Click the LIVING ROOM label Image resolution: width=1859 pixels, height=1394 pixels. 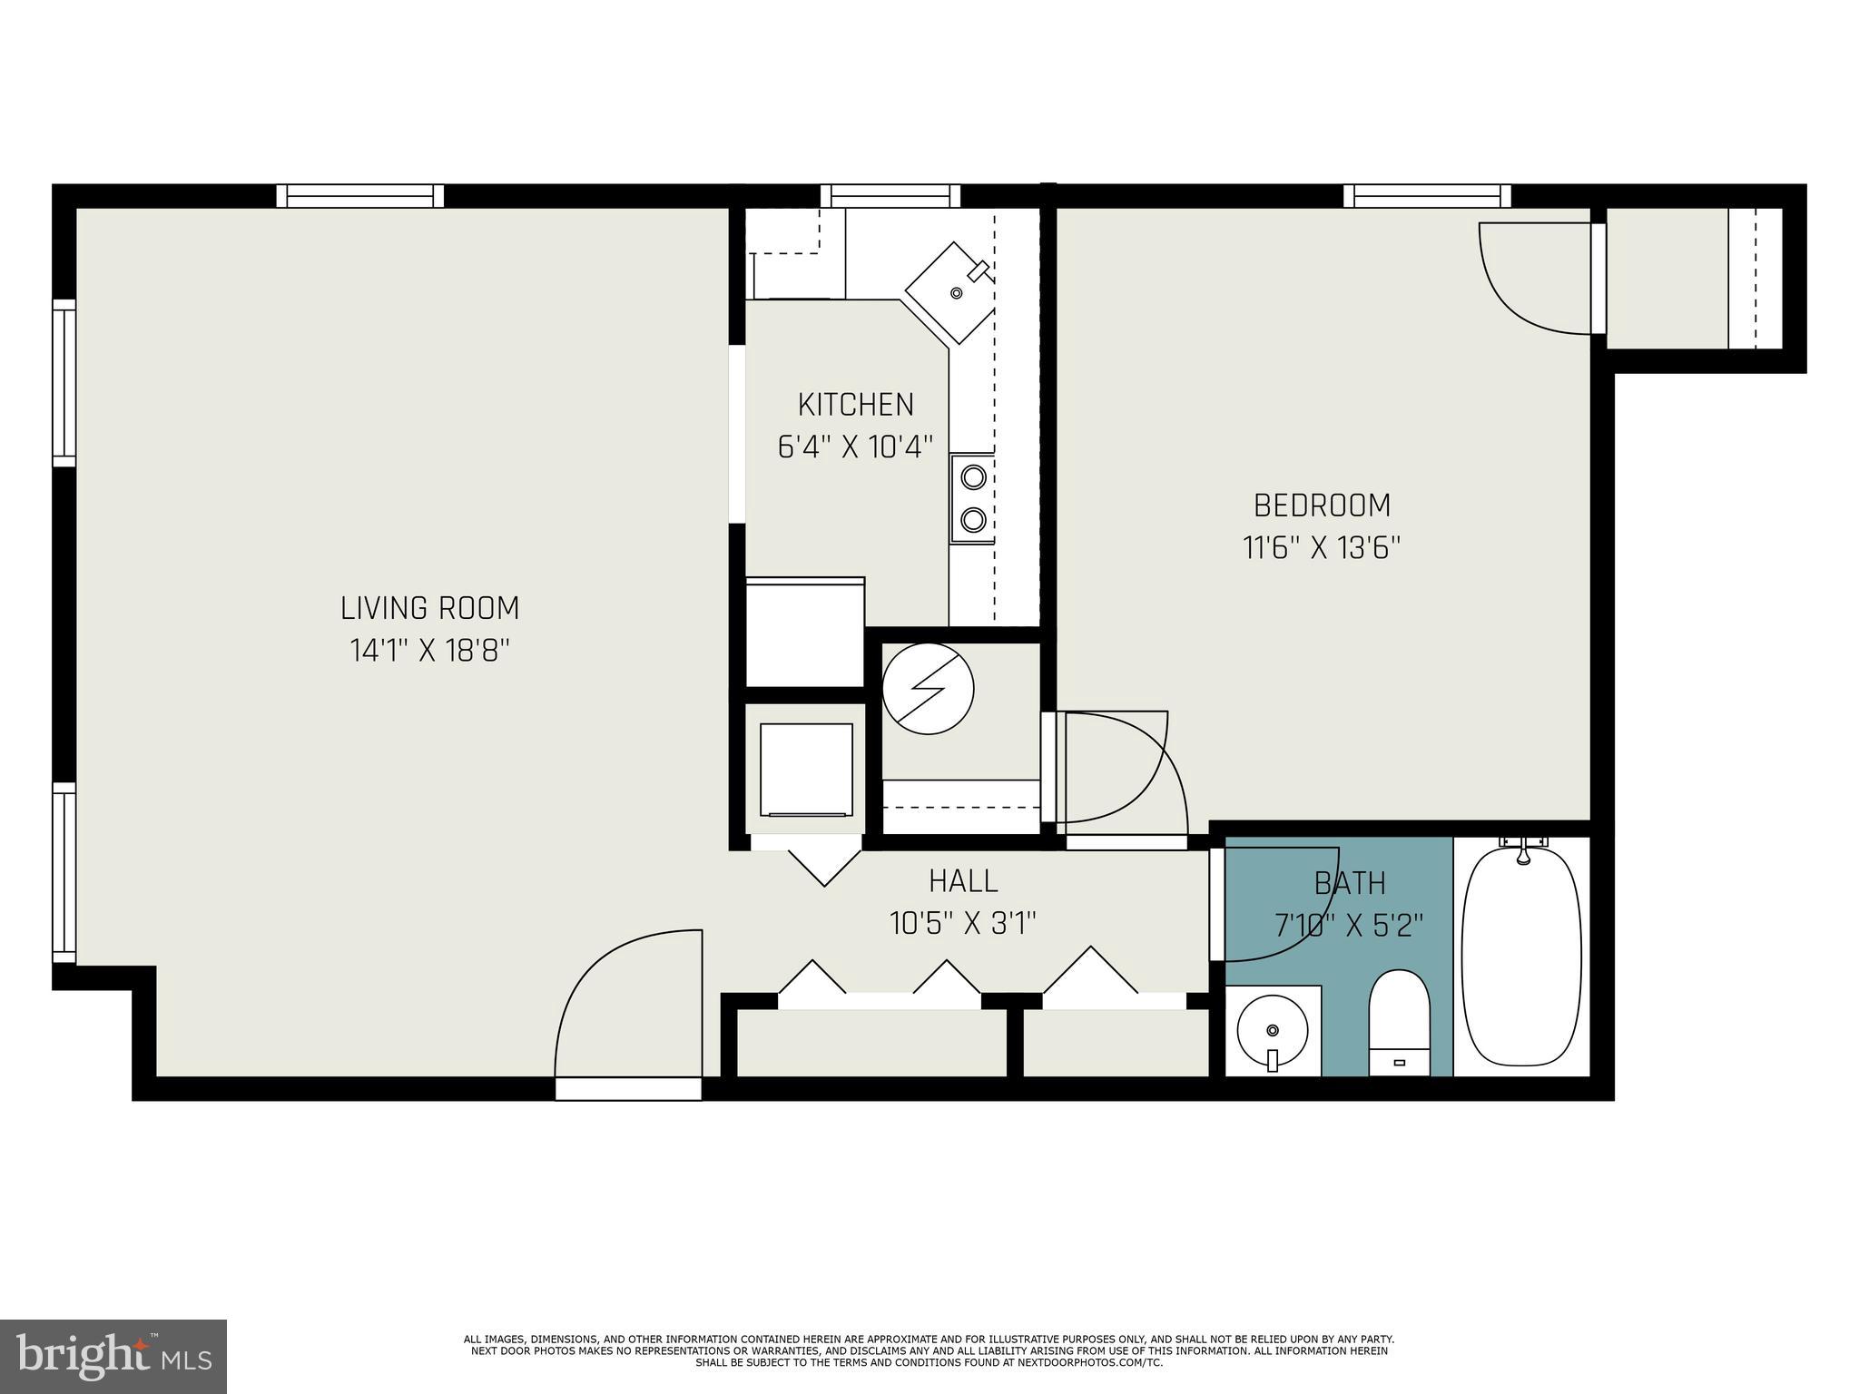[x=429, y=608]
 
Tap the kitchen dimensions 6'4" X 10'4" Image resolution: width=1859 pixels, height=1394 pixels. [x=855, y=447]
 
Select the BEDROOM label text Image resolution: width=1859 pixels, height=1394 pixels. [x=1322, y=505]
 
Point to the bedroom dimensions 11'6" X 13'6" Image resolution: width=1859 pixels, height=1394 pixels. [x=1322, y=548]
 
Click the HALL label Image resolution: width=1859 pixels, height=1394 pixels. [x=963, y=880]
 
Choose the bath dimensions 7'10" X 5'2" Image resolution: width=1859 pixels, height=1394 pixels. [x=1349, y=926]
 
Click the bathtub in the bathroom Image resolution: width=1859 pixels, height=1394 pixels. [x=1523, y=955]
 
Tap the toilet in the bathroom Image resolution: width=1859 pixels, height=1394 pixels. [x=1399, y=1021]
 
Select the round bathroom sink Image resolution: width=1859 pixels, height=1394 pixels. [x=1273, y=1030]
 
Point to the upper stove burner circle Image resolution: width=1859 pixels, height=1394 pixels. [x=973, y=476]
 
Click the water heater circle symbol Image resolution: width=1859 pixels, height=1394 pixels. [x=928, y=689]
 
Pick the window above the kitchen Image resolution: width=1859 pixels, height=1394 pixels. [x=890, y=196]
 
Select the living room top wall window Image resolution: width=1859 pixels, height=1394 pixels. [x=360, y=196]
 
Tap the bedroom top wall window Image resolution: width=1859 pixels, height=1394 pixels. [x=1427, y=196]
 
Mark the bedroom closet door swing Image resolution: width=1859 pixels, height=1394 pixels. [x=1534, y=272]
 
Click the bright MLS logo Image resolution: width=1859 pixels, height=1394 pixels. [x=113, y=1356]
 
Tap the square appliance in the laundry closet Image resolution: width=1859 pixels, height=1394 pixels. [x=806, y=771]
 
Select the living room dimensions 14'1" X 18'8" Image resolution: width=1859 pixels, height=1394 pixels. [x=429, y=651]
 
